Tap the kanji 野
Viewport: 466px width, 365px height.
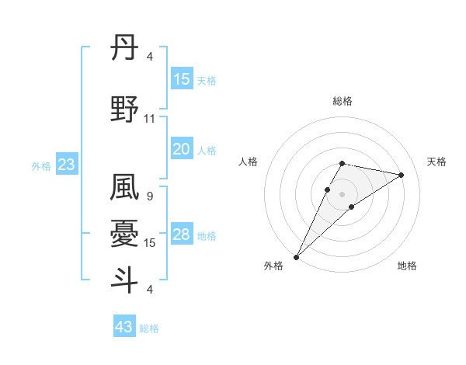click(124, 110)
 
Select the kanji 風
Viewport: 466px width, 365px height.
click(124, 189)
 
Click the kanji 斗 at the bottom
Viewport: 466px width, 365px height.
click(124, 280)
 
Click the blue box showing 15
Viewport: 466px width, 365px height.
click(181, 79)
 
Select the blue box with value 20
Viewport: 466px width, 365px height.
click(181, 149)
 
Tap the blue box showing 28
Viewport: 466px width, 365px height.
click(181, 235)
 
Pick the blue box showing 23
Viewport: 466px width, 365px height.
click(66, 165)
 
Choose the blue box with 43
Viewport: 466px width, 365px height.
click(123, 327)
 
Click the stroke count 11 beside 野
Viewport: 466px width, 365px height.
click(150, 119)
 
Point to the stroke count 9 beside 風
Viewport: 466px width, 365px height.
click(149, 196)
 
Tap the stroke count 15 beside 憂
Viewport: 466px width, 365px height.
click(150, 243)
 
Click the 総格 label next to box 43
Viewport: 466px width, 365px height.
click(149, 328)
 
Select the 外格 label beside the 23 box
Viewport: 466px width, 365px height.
click(41, 166)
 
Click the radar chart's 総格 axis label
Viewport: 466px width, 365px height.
click(342, 101)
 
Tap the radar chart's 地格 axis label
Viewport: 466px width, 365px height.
click(407, 266)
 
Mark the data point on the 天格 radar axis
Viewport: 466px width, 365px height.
click(402, 175)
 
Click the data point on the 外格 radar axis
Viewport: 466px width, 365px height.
click(296, 256)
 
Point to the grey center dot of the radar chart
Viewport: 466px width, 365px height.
click(342, 193)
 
